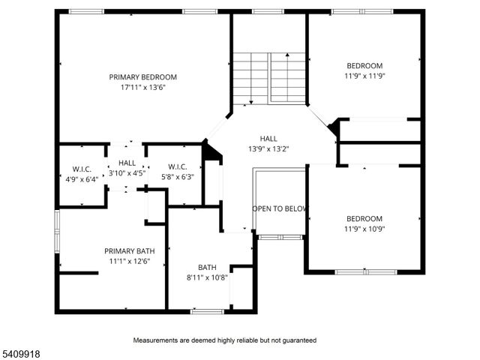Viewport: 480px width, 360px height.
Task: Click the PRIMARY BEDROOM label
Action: pyautogui.click(x=142, y=76)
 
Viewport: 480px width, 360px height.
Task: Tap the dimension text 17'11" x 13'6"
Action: pyautogui.click(x=142, y=86)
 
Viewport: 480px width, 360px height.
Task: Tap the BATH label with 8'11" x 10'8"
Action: pyautogui.click(x=207, y=267)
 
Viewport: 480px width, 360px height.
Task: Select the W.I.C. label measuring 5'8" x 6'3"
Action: pyautogui.click(x=177, y=166)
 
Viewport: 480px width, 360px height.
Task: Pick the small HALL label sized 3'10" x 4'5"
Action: pyautogui.click(x=127, y=163)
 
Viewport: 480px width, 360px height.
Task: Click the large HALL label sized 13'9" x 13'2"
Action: pyautogui.click(x=268, y=139)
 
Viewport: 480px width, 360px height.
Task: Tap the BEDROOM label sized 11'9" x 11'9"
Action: pyautogui.click(x=364, y=65)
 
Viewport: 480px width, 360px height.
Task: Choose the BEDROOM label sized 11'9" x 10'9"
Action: pyautogui.click(x=364, y=218)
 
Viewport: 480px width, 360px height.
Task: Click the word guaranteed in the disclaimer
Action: pyautogui.click(x=298, y=340)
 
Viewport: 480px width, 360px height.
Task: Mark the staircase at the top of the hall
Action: pyautogui.click(x=268, y=77)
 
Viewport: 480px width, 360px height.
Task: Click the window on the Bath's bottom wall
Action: pyautogui.click(x=207, y=310)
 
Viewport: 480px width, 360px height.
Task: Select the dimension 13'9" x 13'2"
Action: pyautogui.click(x=268, y=148)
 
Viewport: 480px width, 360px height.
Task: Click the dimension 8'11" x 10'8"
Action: pyautogui.click(x=207, y=277)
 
